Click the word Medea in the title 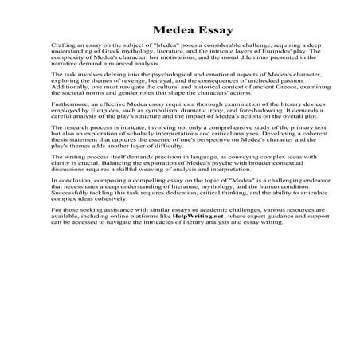point(158,30)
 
